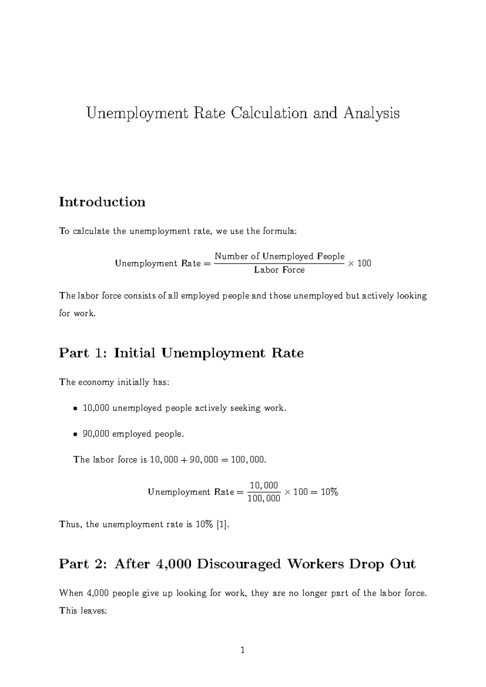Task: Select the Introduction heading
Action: (102, 202)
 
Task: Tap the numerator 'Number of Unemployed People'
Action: (279, 256)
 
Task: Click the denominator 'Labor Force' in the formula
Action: (279, 270)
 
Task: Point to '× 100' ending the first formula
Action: (359, 264)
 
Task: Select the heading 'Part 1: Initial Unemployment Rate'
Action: (181, 353)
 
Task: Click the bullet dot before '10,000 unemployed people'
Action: (75, 409)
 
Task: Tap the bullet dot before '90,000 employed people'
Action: (75, 435)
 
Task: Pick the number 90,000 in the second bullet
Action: (96, 434)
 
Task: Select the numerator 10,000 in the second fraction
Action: (264, 485)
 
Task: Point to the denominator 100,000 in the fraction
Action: (264, 499)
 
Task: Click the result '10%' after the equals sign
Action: (329, 492)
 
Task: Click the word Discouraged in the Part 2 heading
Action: (239, 564)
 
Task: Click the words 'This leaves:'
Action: (83, 611)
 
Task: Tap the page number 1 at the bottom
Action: (243, 651)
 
